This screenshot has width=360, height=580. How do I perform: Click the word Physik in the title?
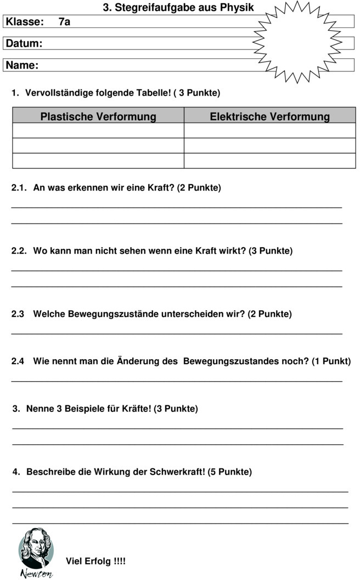click(237, 8)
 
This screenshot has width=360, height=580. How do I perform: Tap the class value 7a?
click(64, 22)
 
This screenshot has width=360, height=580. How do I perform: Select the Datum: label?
click(24, 43)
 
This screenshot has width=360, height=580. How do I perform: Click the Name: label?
click(22, 65)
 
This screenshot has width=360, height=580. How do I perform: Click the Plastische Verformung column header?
click(98, 116)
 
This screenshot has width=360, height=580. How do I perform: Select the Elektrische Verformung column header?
click(269, 116)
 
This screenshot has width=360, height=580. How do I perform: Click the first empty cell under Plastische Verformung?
click(98, 131)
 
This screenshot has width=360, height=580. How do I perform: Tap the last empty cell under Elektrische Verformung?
click(269, 161)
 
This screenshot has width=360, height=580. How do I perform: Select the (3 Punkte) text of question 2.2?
click(271, 251)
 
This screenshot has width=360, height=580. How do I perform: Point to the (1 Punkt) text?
click(331, 361)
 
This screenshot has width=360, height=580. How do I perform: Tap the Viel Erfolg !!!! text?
click(95, 561)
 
